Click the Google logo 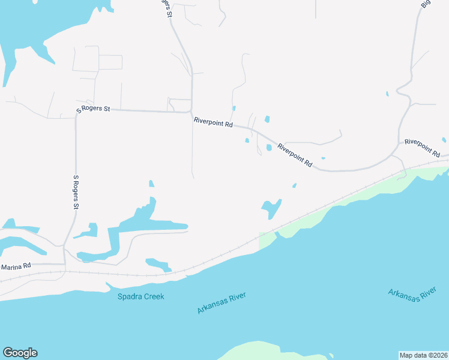coord(20,353)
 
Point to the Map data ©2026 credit coord(423,355)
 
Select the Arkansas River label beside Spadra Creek coord(221,304)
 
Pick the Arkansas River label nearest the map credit coord(411,296)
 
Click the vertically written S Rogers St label coord(76,193)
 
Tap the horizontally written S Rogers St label coord(93,109)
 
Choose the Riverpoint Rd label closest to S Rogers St coord(213,122)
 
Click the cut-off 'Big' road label coord(426,4)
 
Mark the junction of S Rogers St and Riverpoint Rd coord(191,112)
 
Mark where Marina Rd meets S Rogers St coord(65,263)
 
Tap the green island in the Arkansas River coord(270,351)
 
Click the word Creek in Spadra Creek coord(154,296)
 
